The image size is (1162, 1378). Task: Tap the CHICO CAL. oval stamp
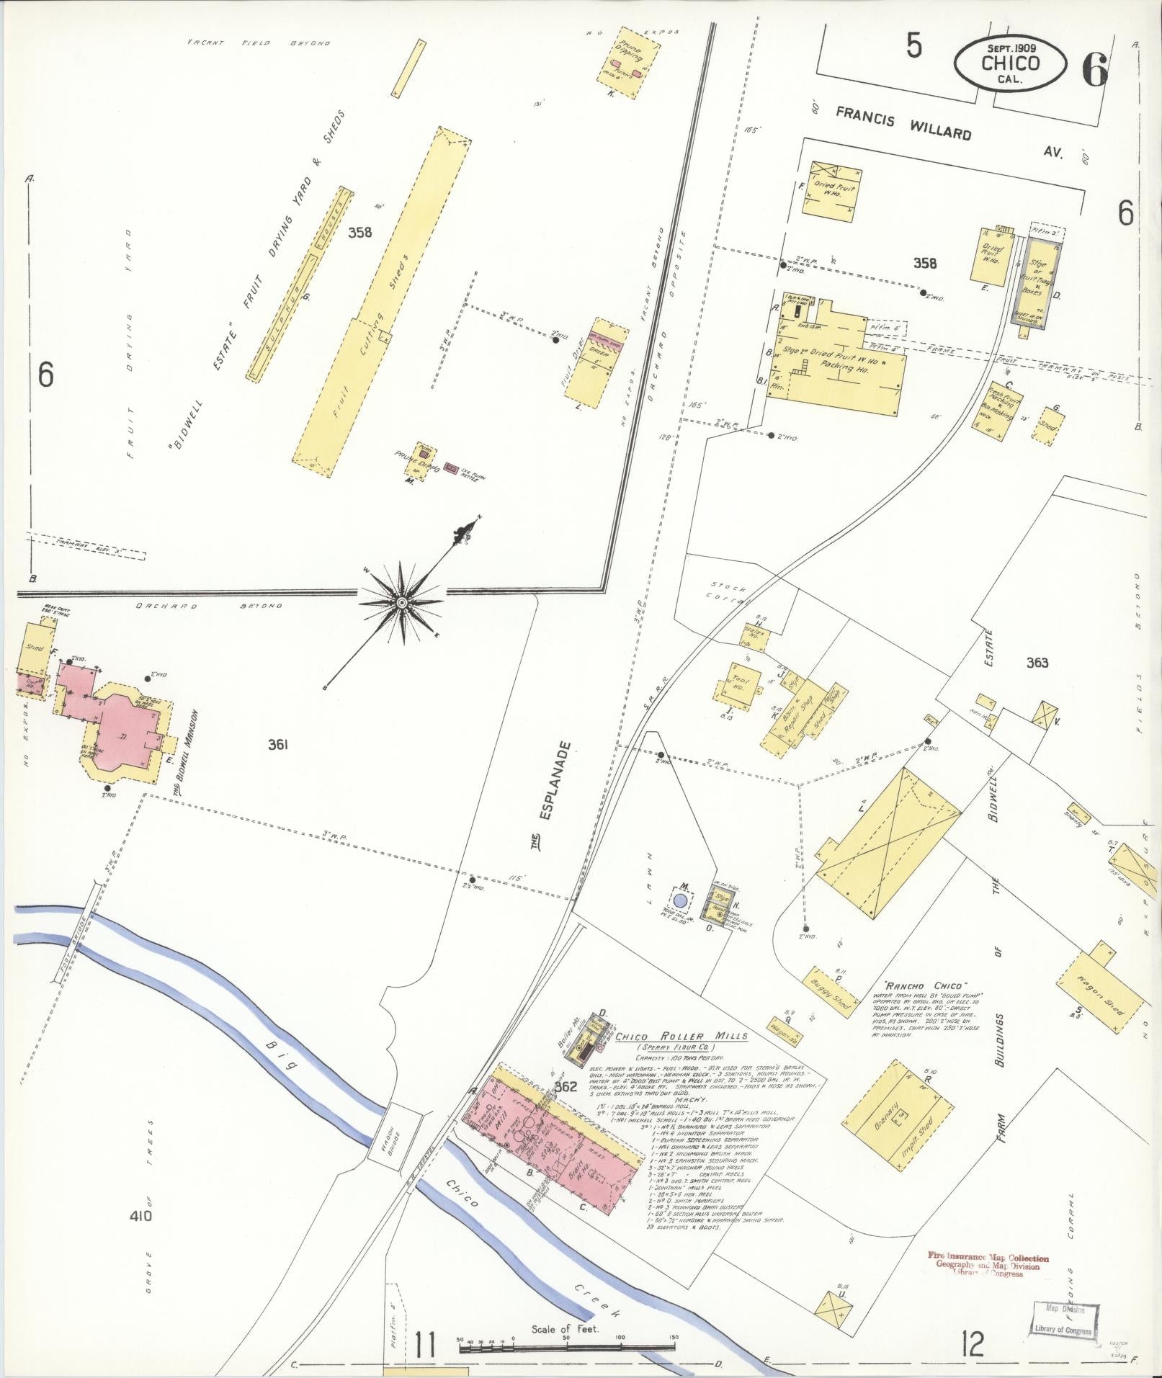[x=1010, y=63]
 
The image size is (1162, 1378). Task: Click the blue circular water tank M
[x=681, y=900]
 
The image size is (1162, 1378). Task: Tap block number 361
[x=278, y=746]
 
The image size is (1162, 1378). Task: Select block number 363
[x=1037, y=663]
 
